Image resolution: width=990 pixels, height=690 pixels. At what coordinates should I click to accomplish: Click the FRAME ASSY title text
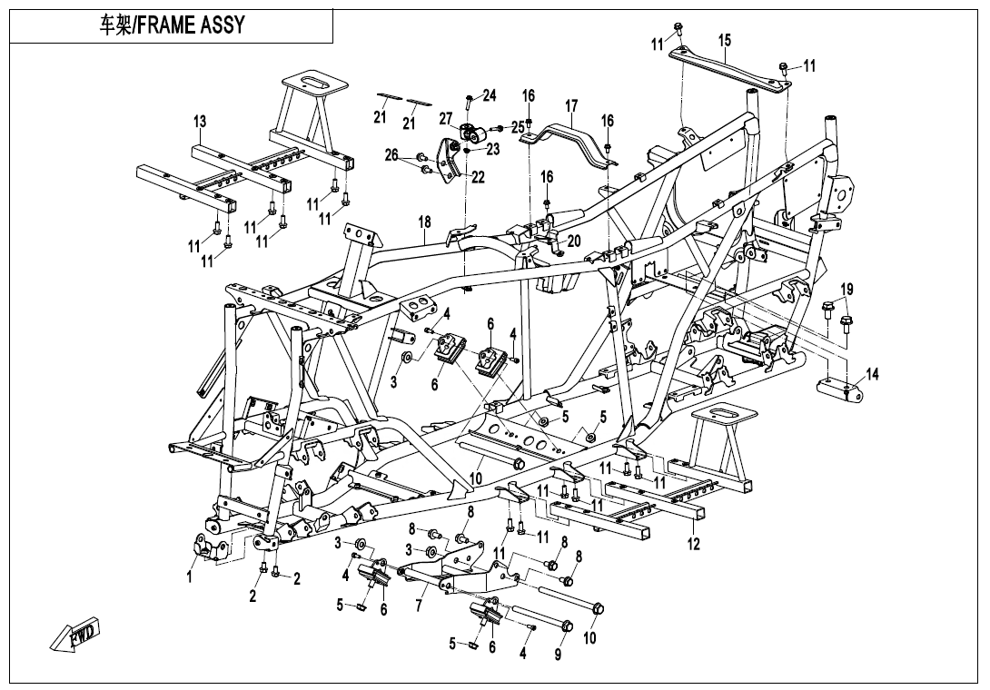click(172, 25)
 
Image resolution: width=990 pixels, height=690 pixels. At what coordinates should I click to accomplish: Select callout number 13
click(200, 122)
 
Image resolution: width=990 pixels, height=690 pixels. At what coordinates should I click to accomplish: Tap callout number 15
click(725, 40)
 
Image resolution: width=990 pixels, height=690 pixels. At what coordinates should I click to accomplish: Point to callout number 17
click(571, 107)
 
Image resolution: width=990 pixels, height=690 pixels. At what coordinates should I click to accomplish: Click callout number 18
click(424, 222)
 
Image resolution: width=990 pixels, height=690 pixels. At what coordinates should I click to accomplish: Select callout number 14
click(872, 373)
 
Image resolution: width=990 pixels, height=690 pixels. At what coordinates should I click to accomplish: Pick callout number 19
click(846, 290)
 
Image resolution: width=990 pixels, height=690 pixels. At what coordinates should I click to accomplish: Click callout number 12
click(694, 545)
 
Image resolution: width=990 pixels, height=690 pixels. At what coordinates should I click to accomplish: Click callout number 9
click(558, 652)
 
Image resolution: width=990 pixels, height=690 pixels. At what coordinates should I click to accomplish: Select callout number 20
click(572, 241)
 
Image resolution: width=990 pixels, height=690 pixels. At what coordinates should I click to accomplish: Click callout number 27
click(445, 118)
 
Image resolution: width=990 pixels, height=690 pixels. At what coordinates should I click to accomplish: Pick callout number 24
click(490, 95)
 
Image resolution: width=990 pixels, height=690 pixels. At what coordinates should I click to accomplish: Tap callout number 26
click(391, 155)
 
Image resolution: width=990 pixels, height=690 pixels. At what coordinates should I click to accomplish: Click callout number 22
click(478, 177)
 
